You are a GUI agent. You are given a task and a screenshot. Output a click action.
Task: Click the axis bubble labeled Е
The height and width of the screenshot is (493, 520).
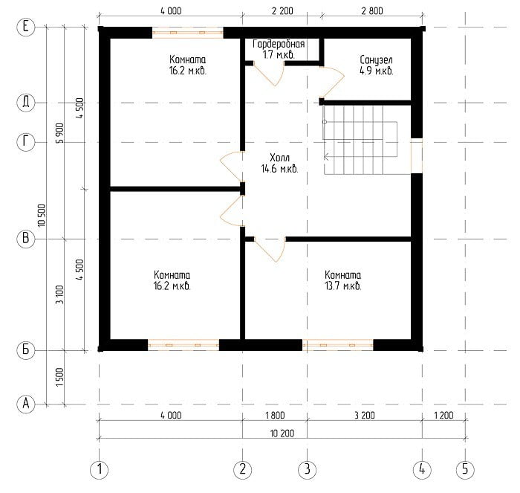click(25, 27)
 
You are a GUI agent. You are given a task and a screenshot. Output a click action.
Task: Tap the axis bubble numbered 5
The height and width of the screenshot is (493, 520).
click(465, 469)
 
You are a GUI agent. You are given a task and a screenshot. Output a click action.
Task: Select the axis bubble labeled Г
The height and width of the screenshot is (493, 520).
click(25, 142)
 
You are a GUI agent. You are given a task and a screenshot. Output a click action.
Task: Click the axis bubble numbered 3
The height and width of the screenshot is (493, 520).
click(307, 469)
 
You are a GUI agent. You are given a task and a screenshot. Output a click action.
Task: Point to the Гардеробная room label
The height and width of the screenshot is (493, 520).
click(279, 44)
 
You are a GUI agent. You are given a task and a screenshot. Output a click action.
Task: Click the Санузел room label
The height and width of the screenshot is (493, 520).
click(376, 59)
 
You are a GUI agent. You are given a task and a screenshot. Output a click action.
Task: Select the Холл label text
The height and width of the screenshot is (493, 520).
click(279, 158)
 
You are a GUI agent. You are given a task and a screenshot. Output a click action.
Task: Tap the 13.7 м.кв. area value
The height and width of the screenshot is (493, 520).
click(343, 286)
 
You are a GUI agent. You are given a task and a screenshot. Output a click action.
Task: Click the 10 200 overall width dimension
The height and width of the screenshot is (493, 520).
click(282, 434)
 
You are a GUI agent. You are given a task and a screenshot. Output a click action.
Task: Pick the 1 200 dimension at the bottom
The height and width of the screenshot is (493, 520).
click(443, 416)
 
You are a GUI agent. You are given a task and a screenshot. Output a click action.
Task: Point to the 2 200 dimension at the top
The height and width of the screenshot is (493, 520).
click(282, 11)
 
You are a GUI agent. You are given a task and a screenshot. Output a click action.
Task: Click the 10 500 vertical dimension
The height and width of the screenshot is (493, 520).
click(42, 216)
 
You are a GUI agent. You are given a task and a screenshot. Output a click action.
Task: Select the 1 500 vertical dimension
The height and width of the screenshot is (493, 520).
click(59, 377)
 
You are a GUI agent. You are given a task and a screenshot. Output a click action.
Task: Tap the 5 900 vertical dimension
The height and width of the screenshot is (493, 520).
click(59, 133)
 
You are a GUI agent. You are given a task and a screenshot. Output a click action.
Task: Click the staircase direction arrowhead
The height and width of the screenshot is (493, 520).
click(326, 157)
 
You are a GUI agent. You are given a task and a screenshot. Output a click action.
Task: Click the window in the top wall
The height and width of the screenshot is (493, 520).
click(188, 33)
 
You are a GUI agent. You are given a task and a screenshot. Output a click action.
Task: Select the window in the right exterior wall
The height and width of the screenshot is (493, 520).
click(417, 155)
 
